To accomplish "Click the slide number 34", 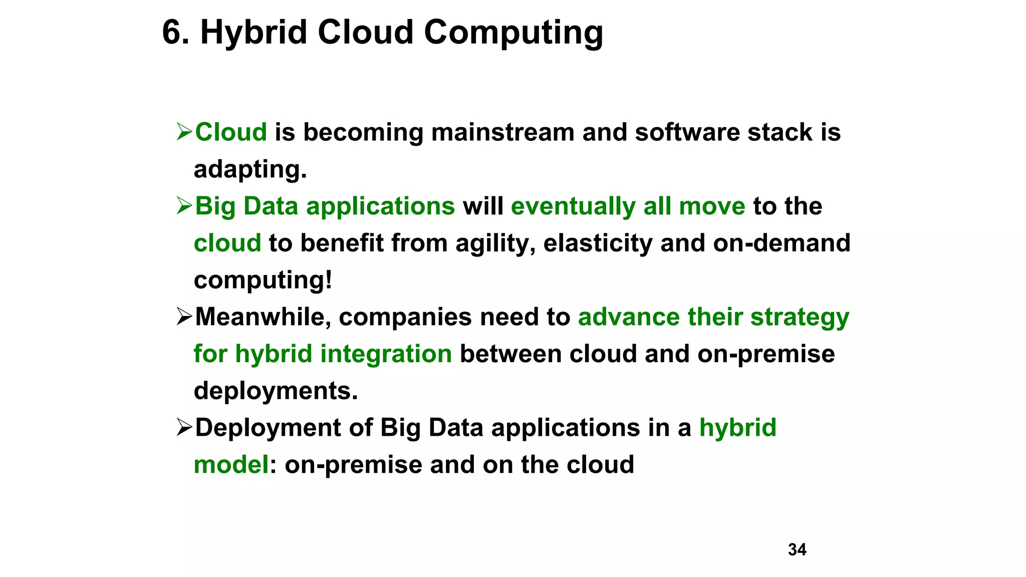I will [797, 549].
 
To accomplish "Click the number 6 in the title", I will [172, 33].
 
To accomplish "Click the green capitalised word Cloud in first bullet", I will [231, 132].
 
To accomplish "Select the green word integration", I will [386, 354].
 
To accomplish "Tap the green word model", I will [231, 465].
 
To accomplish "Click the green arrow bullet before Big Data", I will [184, 206].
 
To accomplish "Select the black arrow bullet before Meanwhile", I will [184, 317].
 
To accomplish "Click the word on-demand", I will [782, 243].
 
